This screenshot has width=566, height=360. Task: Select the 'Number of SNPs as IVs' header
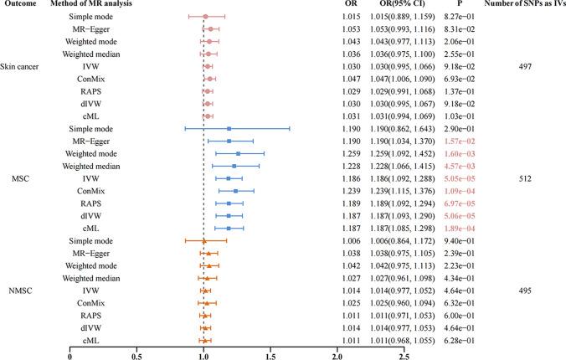pos(518,6)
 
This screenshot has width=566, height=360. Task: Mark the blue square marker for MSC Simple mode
pos(229,129)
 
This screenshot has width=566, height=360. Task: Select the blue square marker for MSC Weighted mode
pos(238,154)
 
